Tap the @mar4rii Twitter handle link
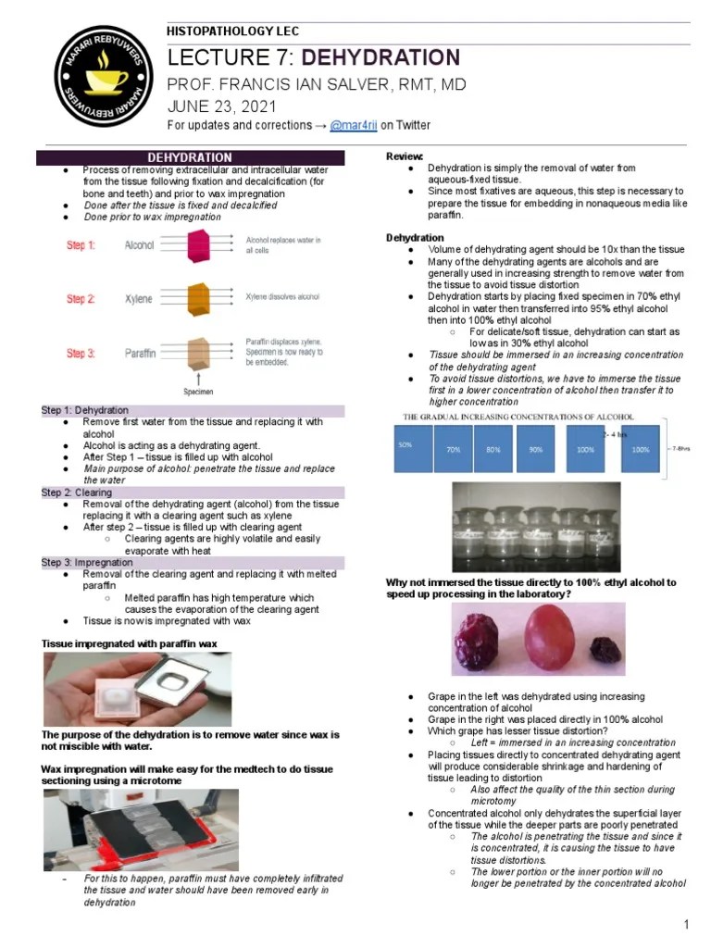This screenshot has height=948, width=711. tap(342, 125)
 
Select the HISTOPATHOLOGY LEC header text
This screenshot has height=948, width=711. tap(232, 31)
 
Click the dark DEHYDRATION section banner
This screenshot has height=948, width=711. tap(191, 157)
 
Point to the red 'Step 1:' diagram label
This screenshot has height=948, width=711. tap(80, 245)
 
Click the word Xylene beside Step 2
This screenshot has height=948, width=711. tap(139, 299)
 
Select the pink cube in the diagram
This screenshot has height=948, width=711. tap(200, 246)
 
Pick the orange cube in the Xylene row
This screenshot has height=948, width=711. tap(200, 299)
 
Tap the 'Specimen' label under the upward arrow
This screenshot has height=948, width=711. tap(198, 392)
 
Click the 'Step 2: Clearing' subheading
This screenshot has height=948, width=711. tap(77, 493)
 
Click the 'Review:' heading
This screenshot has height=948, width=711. tap(405, 156)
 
